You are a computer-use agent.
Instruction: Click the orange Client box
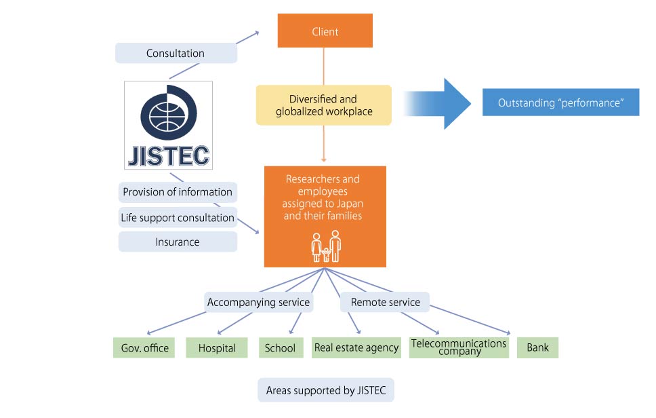[x=325, y=31]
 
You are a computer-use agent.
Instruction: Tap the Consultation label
[x=176, y=53]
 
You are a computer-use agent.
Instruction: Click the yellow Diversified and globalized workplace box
[x=324, y=105]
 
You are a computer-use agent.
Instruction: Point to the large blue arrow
[x=439, y=103]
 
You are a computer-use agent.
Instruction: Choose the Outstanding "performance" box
[x=560, y=103]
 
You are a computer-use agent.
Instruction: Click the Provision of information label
[x=178, y=192]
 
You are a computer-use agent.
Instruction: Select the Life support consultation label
[x=178, y=218]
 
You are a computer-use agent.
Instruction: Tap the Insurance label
[x=178, y=242]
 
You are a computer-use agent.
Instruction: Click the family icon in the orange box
[x=326, y=246]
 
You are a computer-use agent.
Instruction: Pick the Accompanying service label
[x=258, y=302]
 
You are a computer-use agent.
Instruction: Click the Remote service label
[x=385, y=302]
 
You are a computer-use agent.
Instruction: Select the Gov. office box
[x=144, y=348]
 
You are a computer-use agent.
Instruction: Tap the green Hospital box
[x=217, y=348]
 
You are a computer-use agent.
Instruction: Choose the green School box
[x=280, y=348]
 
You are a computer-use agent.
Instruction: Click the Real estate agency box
[x=356, y=348]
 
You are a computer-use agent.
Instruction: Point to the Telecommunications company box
[x=459, y=347]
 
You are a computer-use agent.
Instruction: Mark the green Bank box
[x=537, y=348]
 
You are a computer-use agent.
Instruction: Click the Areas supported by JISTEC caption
[x=325, y=390]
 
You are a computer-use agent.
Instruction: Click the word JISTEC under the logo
[x=169, y=154]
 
